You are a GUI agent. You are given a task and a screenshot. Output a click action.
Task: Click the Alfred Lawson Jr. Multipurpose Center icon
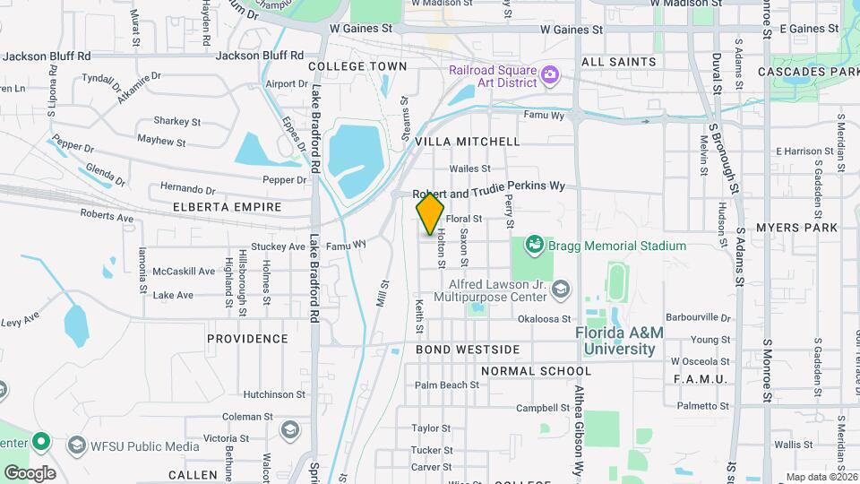[x=561, y=289]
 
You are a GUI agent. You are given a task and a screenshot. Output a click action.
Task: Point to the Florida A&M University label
[x=620, y=341]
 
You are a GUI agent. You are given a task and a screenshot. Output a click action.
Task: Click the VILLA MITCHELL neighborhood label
[x=475, y=142]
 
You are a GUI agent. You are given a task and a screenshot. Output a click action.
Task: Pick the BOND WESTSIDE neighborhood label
[x=468, y=349]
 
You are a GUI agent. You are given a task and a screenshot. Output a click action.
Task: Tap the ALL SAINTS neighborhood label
[x=618, y=62]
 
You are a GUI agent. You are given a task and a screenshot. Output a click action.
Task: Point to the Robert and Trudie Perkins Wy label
[x=489, y=189]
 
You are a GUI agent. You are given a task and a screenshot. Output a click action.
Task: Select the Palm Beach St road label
[x=446, y=385]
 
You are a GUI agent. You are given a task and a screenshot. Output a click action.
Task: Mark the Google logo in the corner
[x=29, y=472]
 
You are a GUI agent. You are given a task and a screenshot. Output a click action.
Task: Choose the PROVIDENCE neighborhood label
[x=247, y=339]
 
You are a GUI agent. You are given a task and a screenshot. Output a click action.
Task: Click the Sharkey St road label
[x=176, y=121]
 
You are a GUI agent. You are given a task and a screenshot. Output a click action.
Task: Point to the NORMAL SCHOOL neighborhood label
[x=536, y=371]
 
